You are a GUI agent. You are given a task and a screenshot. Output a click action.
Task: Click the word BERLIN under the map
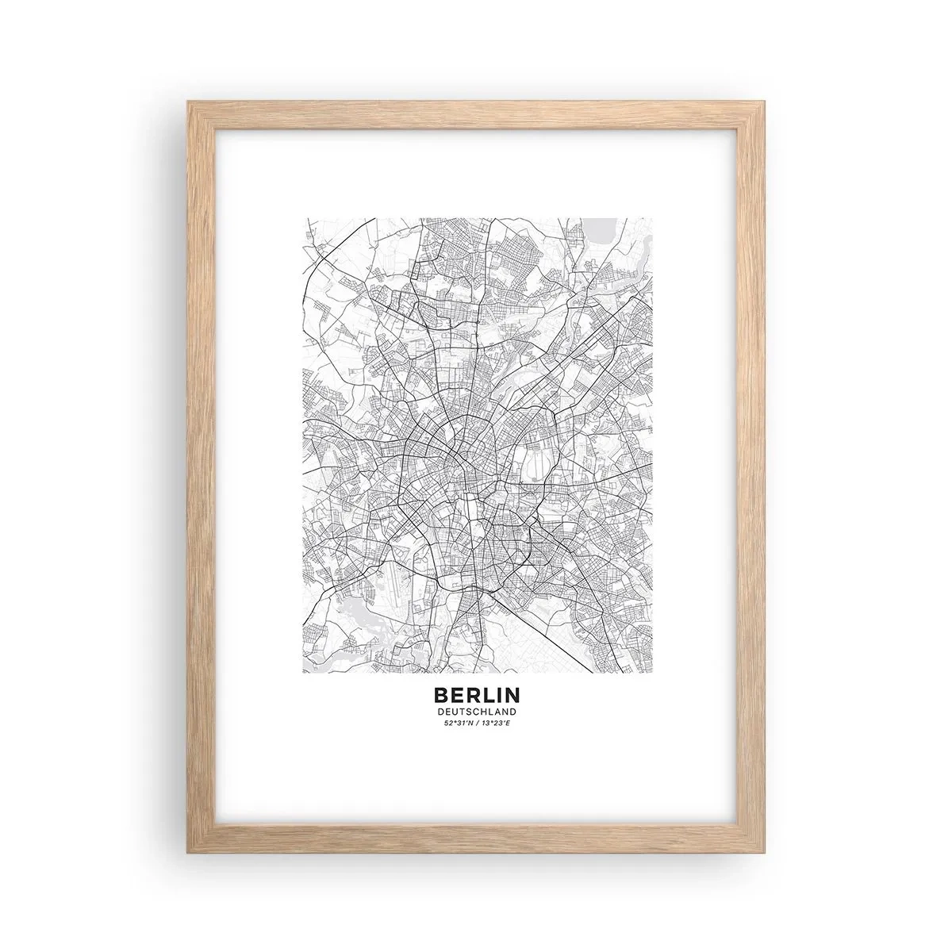476,694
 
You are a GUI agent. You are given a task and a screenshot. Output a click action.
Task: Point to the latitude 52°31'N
458,723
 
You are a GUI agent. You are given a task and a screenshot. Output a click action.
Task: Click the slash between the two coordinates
477,723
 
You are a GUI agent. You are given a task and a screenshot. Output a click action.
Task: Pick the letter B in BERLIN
440,694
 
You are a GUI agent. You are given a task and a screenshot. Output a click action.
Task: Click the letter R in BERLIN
470,694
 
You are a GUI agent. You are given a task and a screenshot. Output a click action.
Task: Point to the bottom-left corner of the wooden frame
187,846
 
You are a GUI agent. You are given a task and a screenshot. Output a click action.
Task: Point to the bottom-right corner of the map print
652,672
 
